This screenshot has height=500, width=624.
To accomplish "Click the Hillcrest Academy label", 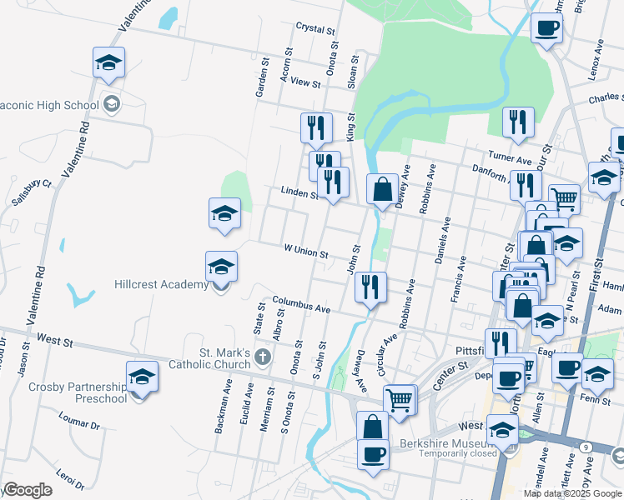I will (x=161, y=285).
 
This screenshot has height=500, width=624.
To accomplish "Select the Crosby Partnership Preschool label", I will (x=78, y=392).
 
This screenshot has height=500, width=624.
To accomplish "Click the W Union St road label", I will (x=306, y=249).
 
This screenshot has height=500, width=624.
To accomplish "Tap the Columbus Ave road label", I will (x=301, y=304).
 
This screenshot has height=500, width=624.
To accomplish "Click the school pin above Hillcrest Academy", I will (x=221, y=267).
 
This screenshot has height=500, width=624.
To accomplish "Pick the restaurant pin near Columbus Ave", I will (x=370, y=287).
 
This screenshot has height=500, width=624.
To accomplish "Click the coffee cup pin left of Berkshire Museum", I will (x=373, y=455).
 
